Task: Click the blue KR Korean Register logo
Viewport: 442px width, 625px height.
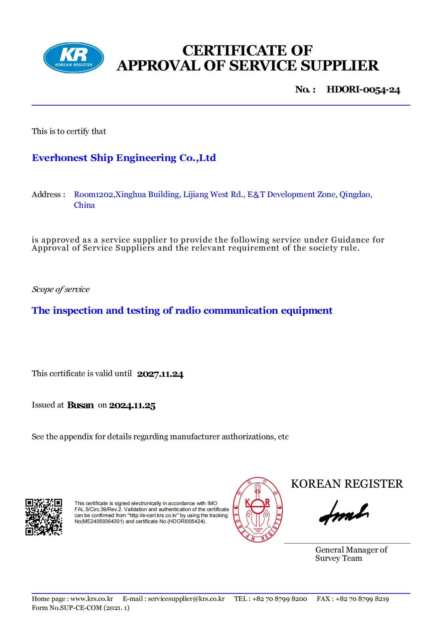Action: [x=73, y=58]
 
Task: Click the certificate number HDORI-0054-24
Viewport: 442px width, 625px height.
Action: [x=363, y=90]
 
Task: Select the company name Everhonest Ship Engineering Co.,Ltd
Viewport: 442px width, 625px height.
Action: [x=124, y=158]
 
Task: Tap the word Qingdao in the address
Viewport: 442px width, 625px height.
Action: [x=355, y=194]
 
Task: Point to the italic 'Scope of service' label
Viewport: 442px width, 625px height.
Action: [x=60, y=289]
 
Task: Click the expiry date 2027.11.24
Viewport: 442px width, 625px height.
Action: [x=160, y=374]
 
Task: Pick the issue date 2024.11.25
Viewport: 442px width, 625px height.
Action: [x=132, y=406]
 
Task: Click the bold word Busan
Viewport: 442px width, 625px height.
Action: [x=80, y=405]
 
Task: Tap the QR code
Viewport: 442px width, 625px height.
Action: [x=44, y=517]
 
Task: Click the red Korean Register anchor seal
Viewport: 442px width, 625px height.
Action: [x=258, y=510]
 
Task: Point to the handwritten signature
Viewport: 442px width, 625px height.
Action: [x=344, y=513]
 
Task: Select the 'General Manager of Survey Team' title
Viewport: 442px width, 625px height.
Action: [x=351, y=554]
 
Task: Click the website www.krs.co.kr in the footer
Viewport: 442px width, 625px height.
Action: [x=92, y=599]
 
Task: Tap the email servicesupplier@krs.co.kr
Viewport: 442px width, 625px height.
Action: [x=186, y=599]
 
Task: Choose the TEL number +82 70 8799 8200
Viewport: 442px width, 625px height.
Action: [x=280, y=599]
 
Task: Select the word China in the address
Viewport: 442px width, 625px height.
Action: [x=84, y=205]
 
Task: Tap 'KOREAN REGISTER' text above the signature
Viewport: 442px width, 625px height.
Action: [x=347, y=484]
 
